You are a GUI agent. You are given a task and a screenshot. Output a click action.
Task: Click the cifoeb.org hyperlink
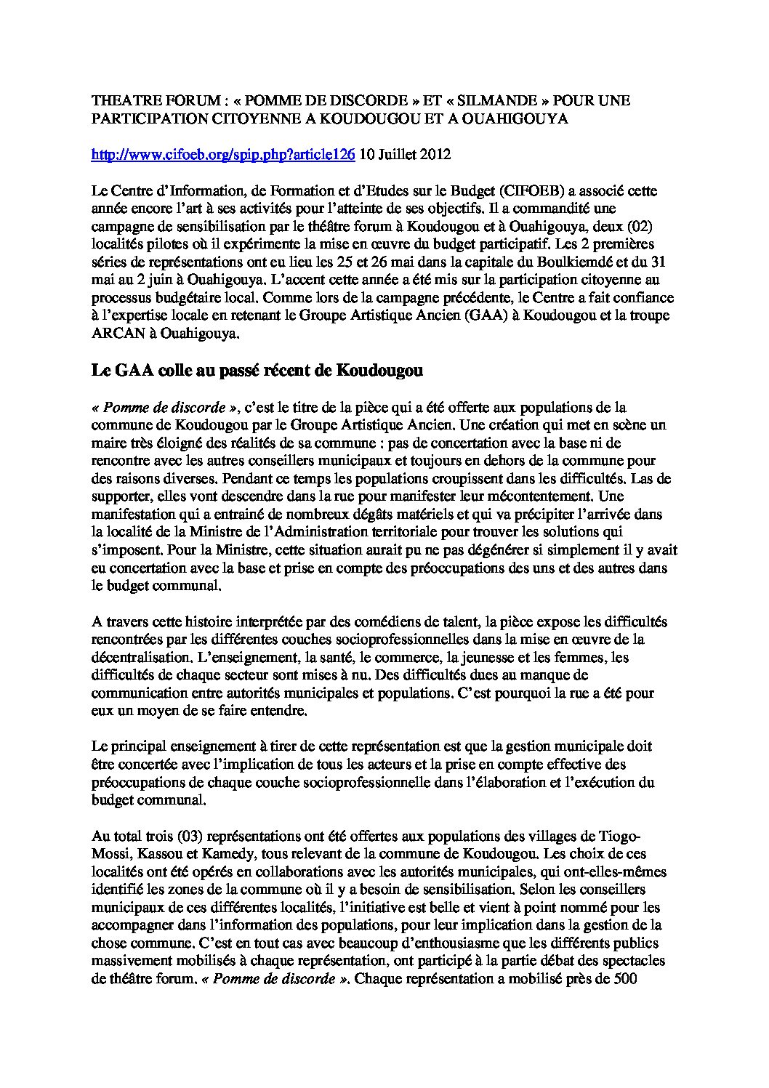click(x=223, y=154)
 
